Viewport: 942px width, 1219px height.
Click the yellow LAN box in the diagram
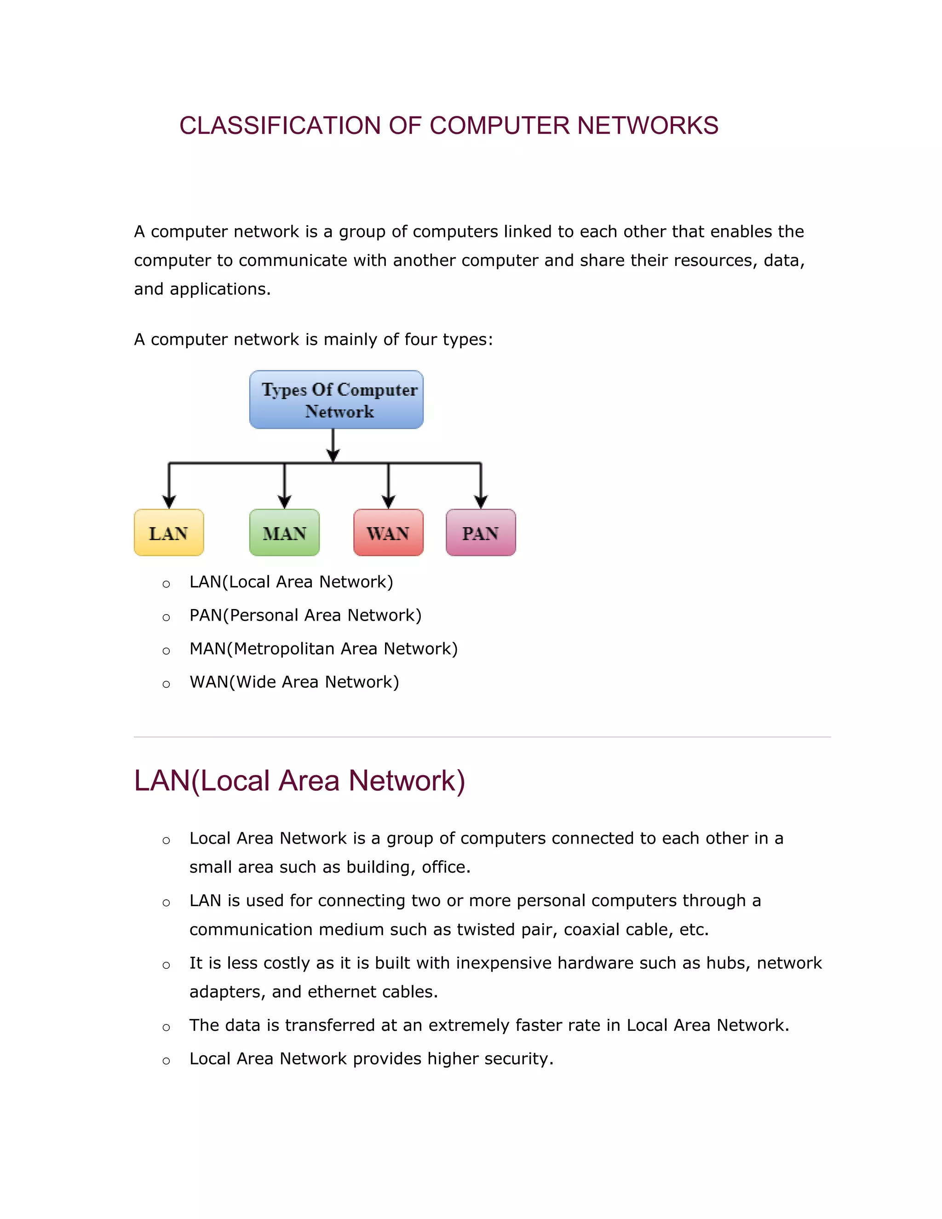pos(168,533)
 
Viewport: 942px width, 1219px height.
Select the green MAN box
pos(284,533)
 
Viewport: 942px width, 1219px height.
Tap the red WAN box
pos(388,533)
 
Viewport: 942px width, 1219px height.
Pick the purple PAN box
pos(481,533)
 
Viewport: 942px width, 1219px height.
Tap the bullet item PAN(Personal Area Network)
pos(305,615)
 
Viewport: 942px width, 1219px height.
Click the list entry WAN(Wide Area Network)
pos(294,682)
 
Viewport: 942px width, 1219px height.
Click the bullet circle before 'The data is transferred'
pos(166,1028)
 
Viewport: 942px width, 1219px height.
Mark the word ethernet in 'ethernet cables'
pos(337,992)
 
